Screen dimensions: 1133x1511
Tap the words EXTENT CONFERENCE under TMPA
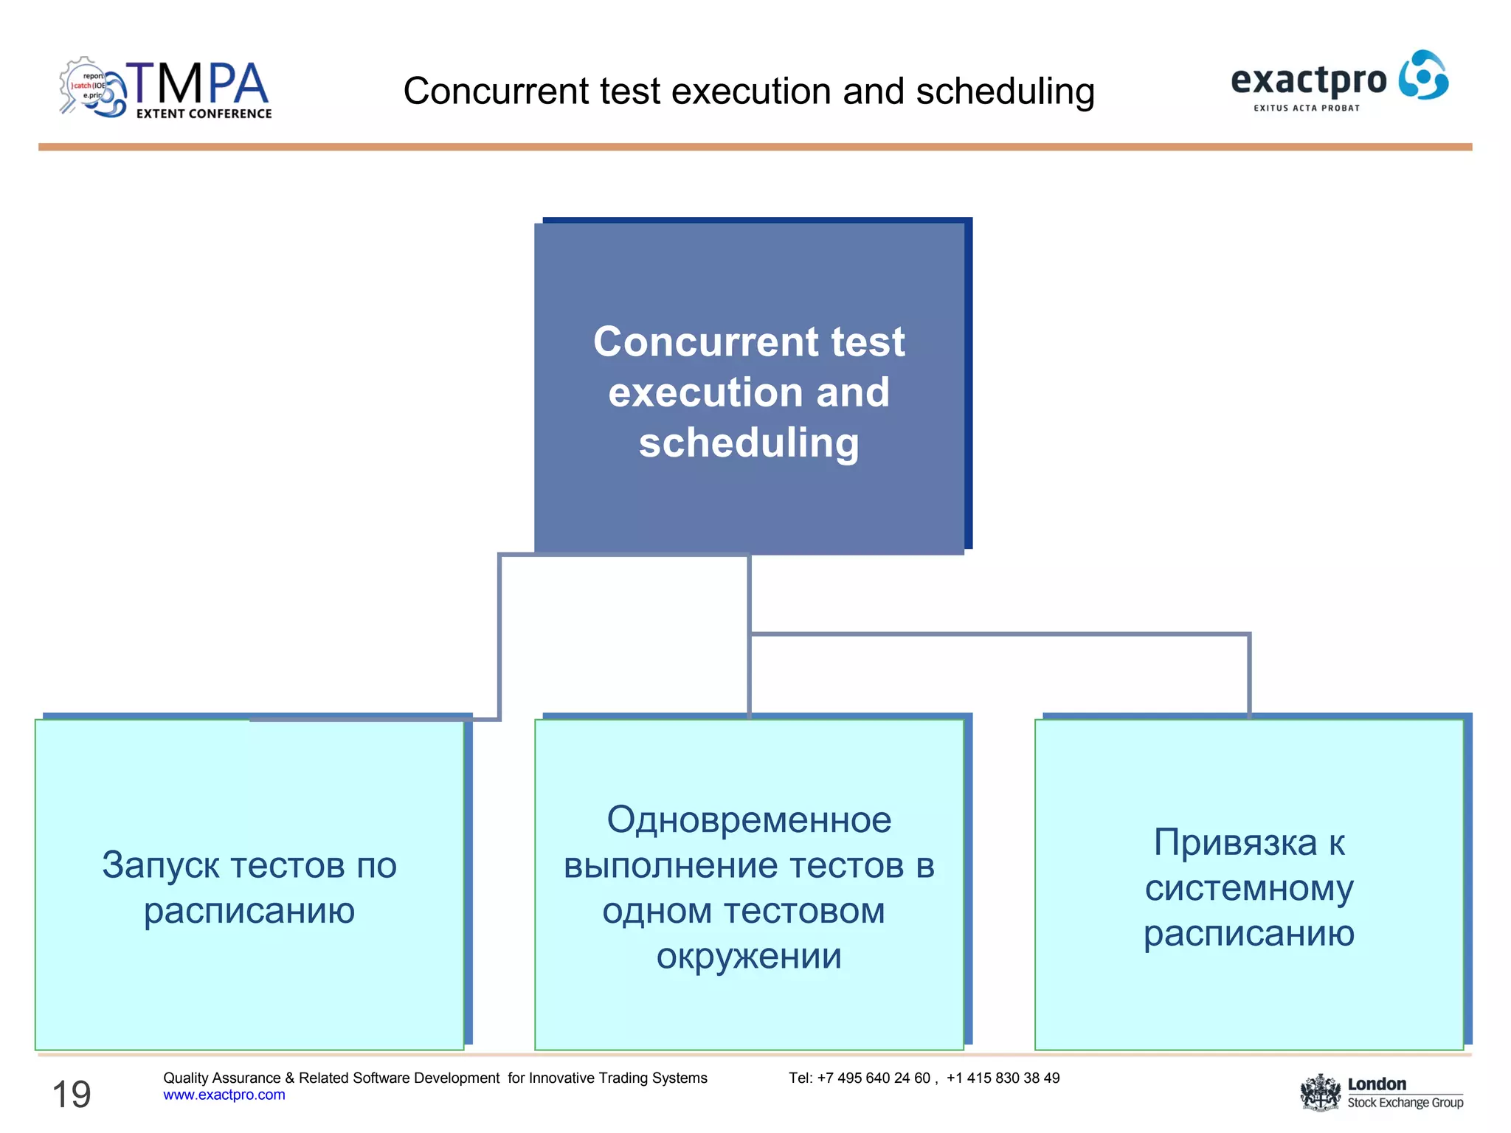(204, 114)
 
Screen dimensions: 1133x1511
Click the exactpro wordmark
(1308, 80)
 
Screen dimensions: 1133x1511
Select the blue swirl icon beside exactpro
(1423, 75)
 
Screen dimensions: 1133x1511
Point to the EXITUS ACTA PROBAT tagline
(1307, 108)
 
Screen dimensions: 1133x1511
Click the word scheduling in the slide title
(1005, 91)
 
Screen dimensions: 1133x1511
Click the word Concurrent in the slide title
(495, 91)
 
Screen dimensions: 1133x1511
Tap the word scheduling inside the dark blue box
(748, 443)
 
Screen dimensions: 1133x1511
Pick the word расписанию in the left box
(249, 911)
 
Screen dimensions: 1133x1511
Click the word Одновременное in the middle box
(749, 820)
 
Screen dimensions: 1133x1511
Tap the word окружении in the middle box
(749, 956)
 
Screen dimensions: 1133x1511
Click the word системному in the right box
(1248, 888)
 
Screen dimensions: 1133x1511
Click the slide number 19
(72, 1094)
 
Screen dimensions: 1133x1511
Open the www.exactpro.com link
(224, 1095)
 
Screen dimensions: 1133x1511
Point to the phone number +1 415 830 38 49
(1003, 1078)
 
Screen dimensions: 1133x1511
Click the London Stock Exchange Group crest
(1320, 1092)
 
